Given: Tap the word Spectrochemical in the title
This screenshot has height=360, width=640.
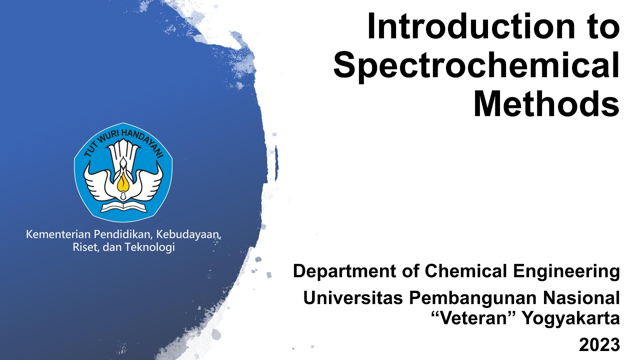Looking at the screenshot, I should point(476,66).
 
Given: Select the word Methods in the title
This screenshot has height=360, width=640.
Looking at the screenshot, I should point(546,104).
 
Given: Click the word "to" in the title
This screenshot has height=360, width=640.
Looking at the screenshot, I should point(600,27).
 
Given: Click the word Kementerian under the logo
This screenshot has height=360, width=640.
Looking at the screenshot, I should point(56,234).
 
